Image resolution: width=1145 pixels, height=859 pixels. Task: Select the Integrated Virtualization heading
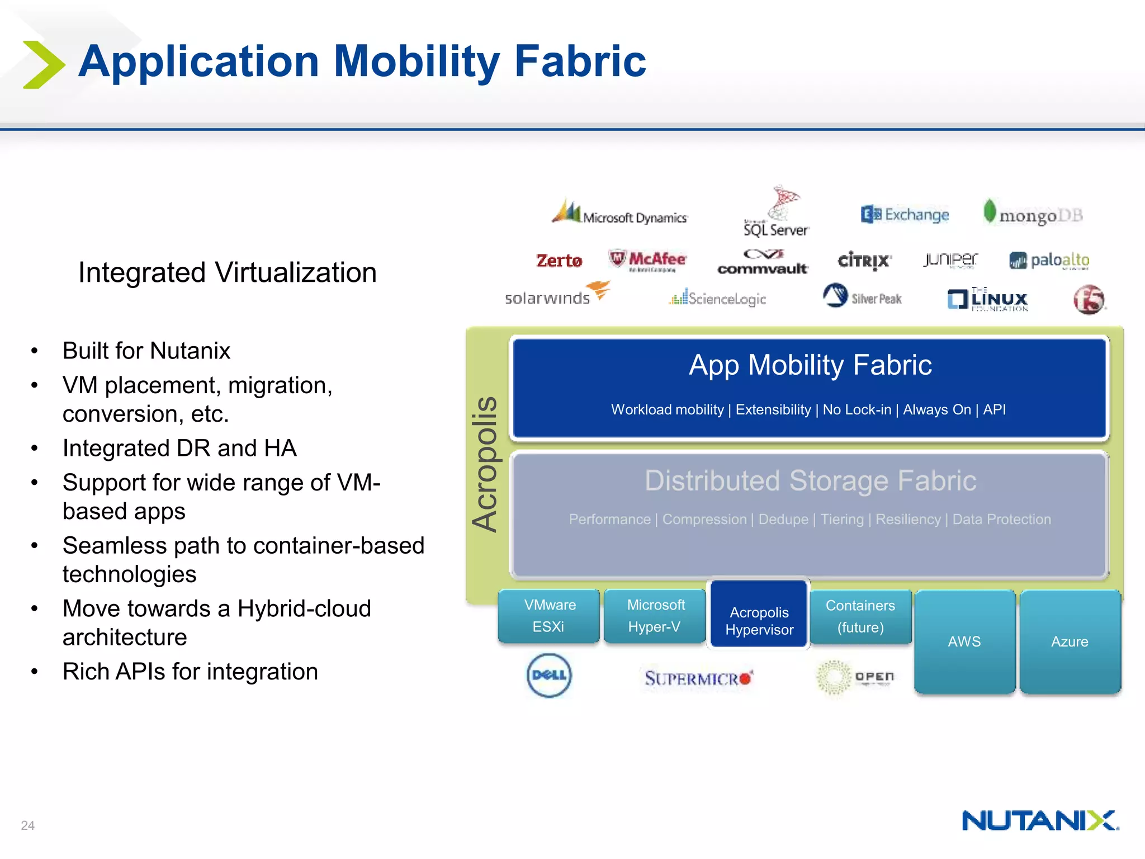pyautogui.click(x=227, y=273)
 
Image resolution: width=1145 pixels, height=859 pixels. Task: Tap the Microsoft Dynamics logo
pyautogui.click(x=619, y=213)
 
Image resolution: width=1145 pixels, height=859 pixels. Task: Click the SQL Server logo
pyautogui.click(x=776, y=213)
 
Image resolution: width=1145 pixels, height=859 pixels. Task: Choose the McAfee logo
pyautogui.click(x=647, y=259)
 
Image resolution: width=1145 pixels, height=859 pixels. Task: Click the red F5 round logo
pyautogui.click(x=1089, y=299)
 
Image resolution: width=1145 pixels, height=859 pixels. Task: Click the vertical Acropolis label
pyautogui.click(x=484, y=464)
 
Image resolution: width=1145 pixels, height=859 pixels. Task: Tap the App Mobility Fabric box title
pyautogui.click(x=810, y=365)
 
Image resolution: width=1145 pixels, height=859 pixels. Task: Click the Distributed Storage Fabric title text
pyautogui.click(x=810, y=481)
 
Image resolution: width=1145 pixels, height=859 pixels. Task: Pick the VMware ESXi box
pyautogui.click(x=548, y=616)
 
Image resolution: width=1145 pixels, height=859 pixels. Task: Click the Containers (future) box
pyautogui.click(x=860, y=616)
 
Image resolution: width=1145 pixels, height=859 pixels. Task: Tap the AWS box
pyautogui.click(x=964, y=641)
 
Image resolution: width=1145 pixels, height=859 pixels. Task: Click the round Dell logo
pyautogui.click(x=549, y=675)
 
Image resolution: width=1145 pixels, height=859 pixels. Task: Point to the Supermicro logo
pyautogui.click(x=698, y=678)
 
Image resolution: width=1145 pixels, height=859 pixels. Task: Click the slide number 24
pyautogui.click(x=27, y=825)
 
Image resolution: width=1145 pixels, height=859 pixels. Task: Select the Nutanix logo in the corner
pyautogui.click(x=1040, y=821)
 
